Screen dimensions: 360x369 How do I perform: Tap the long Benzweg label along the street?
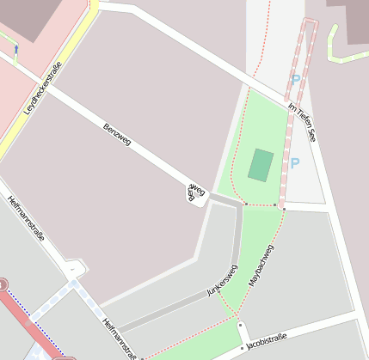[x=117, y=135]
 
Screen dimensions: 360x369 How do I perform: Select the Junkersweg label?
[x=222, y=281]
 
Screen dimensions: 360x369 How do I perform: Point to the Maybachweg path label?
[x=261, y=265]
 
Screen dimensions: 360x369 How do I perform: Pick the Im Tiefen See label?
[x=303, y=121]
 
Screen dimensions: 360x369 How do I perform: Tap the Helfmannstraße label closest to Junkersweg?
[x=120, y=338]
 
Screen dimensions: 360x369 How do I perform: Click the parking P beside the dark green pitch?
[x=294, y=162]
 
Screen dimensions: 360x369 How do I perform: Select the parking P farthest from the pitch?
[x=295, y=80]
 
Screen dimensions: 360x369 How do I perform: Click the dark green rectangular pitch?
[x=261, y=164]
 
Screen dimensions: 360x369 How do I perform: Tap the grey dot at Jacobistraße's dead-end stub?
[x=240, y=326]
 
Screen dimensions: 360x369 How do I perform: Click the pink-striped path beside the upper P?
[x=306, y=52]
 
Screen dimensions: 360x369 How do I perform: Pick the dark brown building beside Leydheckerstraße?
[x=26, y=17]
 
